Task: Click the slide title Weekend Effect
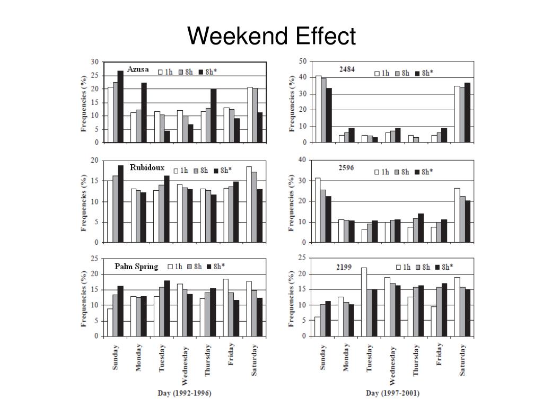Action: [271, 37]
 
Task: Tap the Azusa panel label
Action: [138, 69]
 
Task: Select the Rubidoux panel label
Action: [147, 168]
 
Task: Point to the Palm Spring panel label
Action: [136, 267]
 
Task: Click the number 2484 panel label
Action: [347, 69]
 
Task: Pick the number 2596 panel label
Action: [346, 167]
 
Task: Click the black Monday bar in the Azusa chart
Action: [144, 112]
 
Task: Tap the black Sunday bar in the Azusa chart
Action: [120, 107]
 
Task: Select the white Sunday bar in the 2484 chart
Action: [318, 109]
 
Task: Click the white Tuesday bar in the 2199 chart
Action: [364, 302]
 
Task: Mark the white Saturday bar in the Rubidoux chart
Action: [249, 205]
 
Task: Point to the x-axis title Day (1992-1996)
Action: [185, 393]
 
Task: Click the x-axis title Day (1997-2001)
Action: [392, 393]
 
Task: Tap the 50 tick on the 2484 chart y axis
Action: [303, 61]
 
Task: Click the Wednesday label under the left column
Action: [185, 365]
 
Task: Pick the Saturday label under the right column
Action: [462, 360]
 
